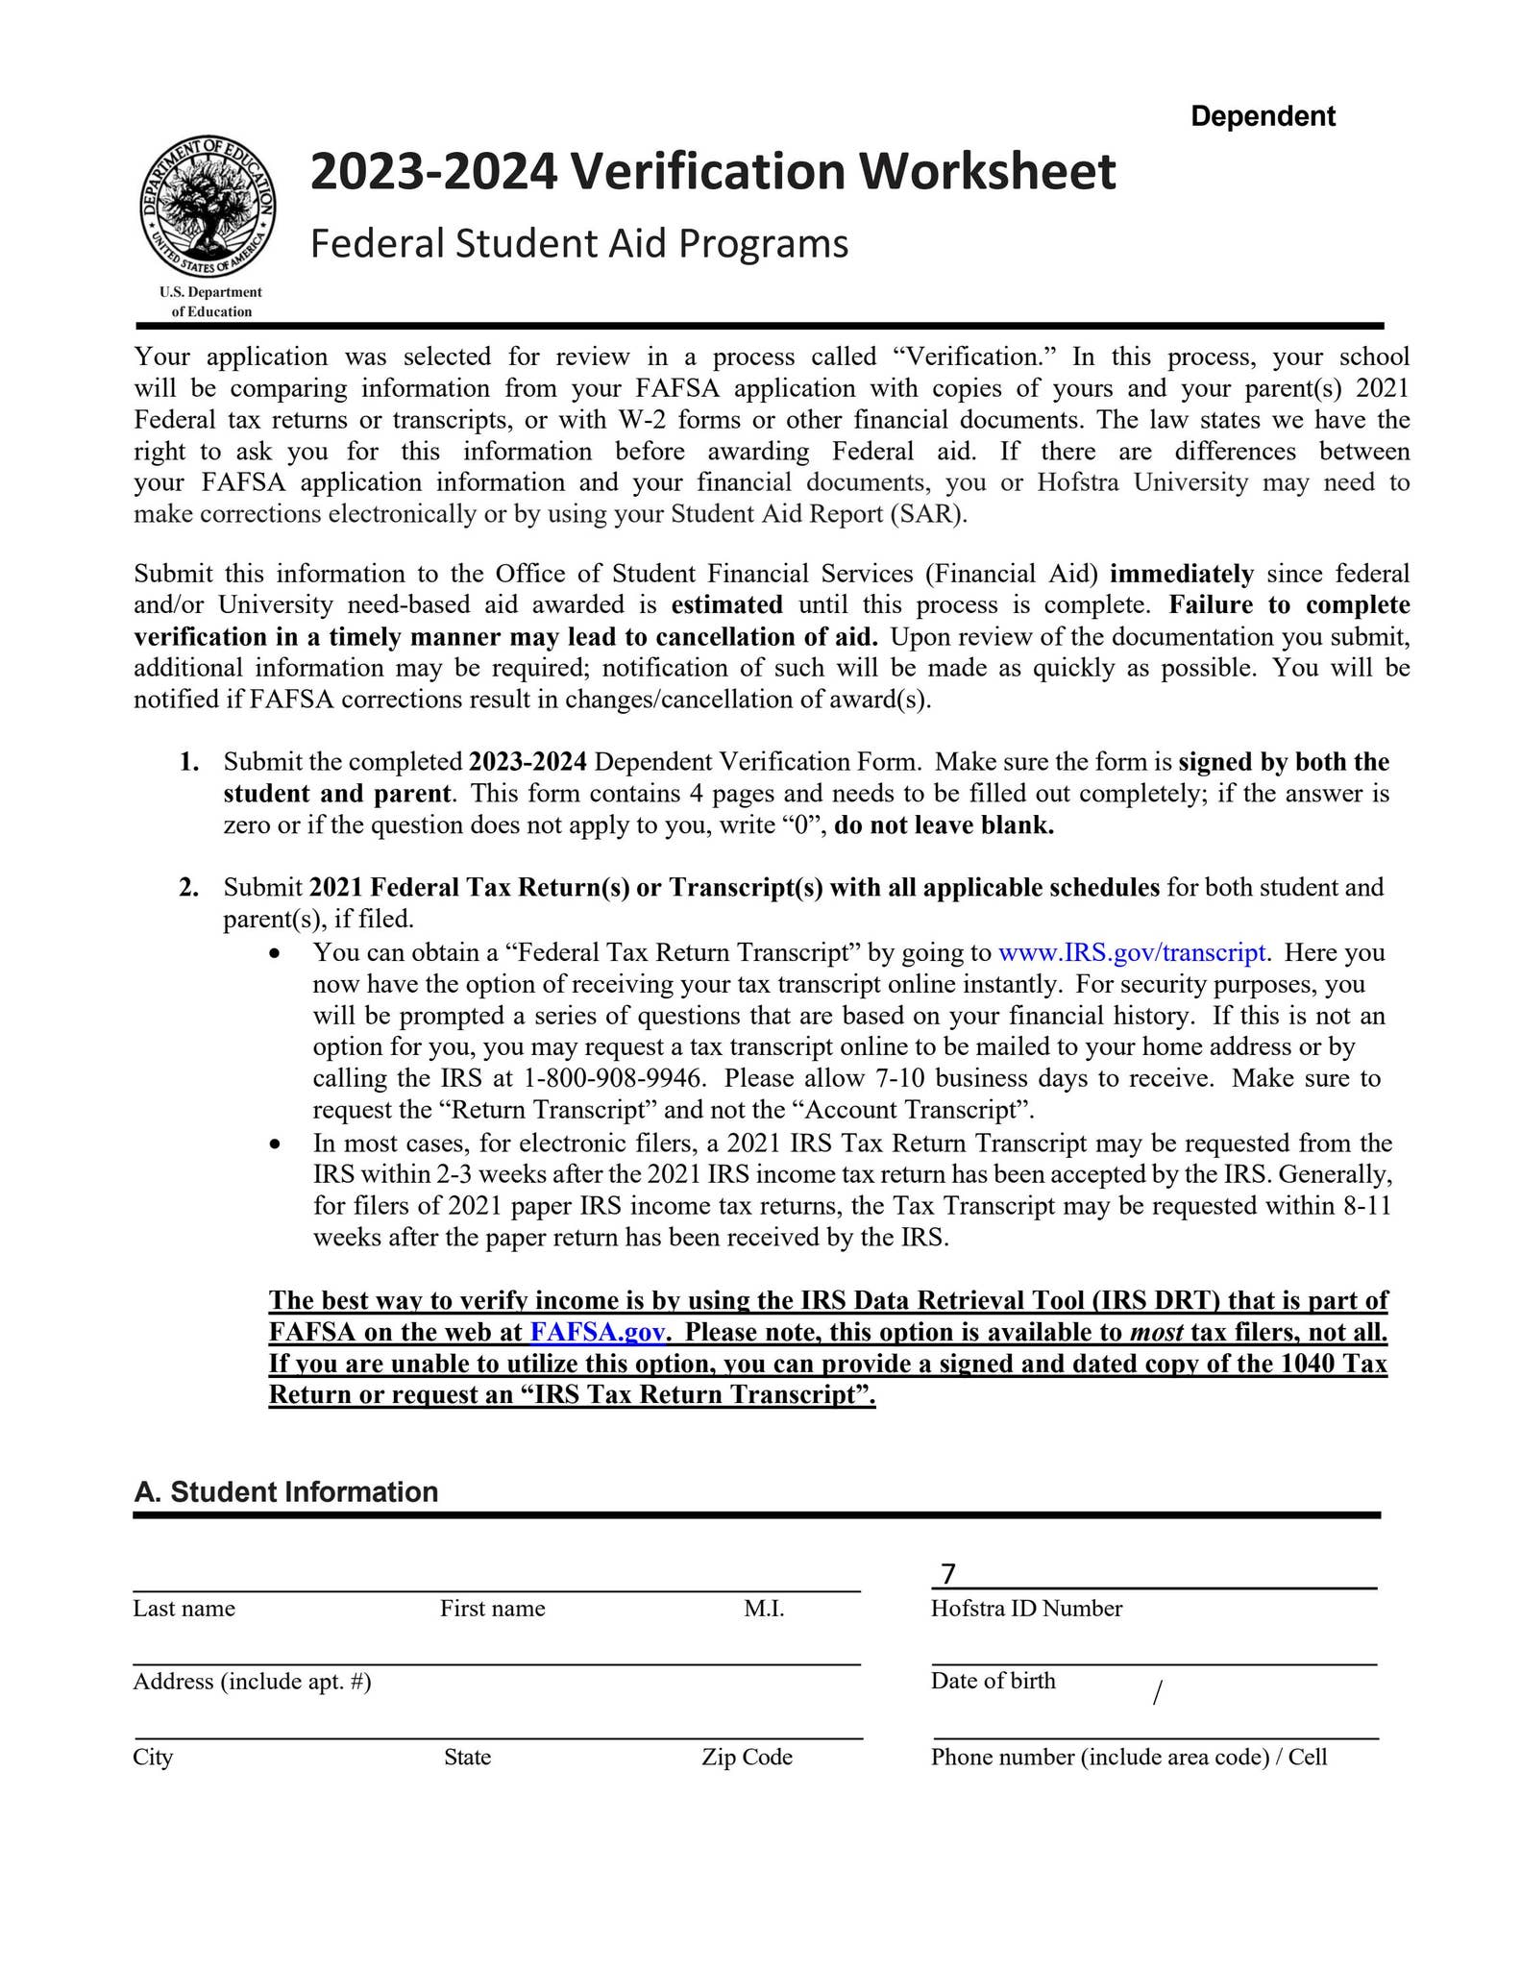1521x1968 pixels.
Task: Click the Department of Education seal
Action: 208,206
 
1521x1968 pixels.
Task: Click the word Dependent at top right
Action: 1263,116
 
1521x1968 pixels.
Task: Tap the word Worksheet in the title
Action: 987,172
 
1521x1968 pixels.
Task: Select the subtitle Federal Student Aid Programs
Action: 578,244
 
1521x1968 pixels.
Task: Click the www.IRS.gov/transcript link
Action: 1132,952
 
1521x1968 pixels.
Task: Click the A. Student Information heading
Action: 285,1491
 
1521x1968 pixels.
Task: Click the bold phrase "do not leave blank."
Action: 944,825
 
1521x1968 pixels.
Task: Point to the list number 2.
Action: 189,887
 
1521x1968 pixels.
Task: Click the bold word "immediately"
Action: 1181,575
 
